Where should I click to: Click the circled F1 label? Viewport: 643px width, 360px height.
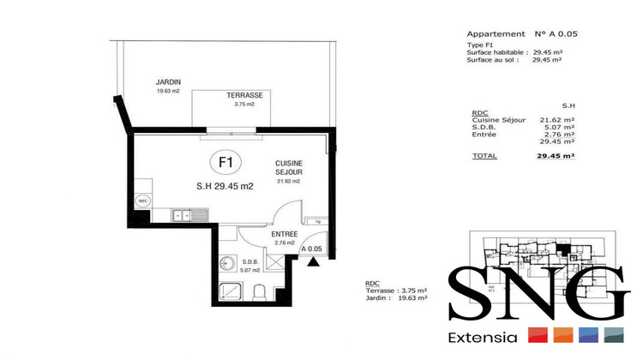[227, 161]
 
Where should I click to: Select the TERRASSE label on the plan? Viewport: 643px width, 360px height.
[244, 94]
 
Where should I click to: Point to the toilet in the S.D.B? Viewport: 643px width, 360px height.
[261, 291]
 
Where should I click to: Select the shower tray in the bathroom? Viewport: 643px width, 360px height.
[231, 292]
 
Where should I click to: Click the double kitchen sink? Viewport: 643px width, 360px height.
[185, 214]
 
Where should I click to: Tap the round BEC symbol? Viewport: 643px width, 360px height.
[142, 201]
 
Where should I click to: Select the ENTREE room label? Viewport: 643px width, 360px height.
[284, 234]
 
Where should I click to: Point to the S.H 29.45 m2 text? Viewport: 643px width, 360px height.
[225, 186]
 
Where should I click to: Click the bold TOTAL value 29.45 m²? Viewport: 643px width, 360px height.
[556, 157]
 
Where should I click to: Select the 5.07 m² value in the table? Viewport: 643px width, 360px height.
[557, 127]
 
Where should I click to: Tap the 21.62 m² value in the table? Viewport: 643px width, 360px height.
[556, 120]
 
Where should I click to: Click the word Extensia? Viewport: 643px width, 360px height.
[482, 336]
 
